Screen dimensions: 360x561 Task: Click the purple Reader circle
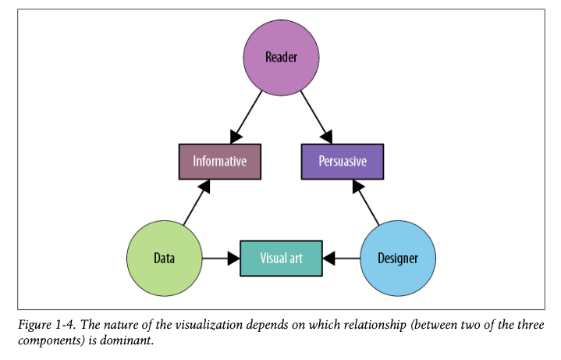[x=281, y=58]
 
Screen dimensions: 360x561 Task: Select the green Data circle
[x=165, y=258]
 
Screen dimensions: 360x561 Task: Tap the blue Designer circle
[x=398, y=258]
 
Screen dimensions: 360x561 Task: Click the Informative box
[x=219, y=162]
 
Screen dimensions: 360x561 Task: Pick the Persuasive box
[x=342, y=162]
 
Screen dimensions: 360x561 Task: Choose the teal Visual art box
[x=281, y=258]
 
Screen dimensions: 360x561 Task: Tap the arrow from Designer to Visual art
[x=341, y=258]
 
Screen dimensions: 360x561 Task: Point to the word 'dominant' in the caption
[x=126, y=341]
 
